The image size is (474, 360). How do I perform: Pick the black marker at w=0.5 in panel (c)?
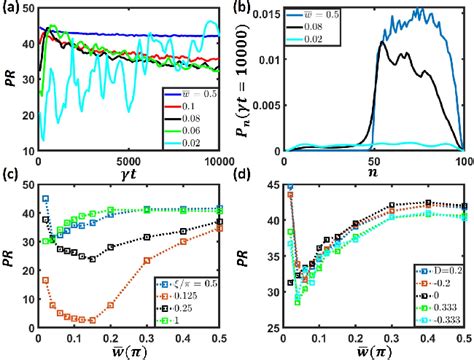(217, 222)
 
